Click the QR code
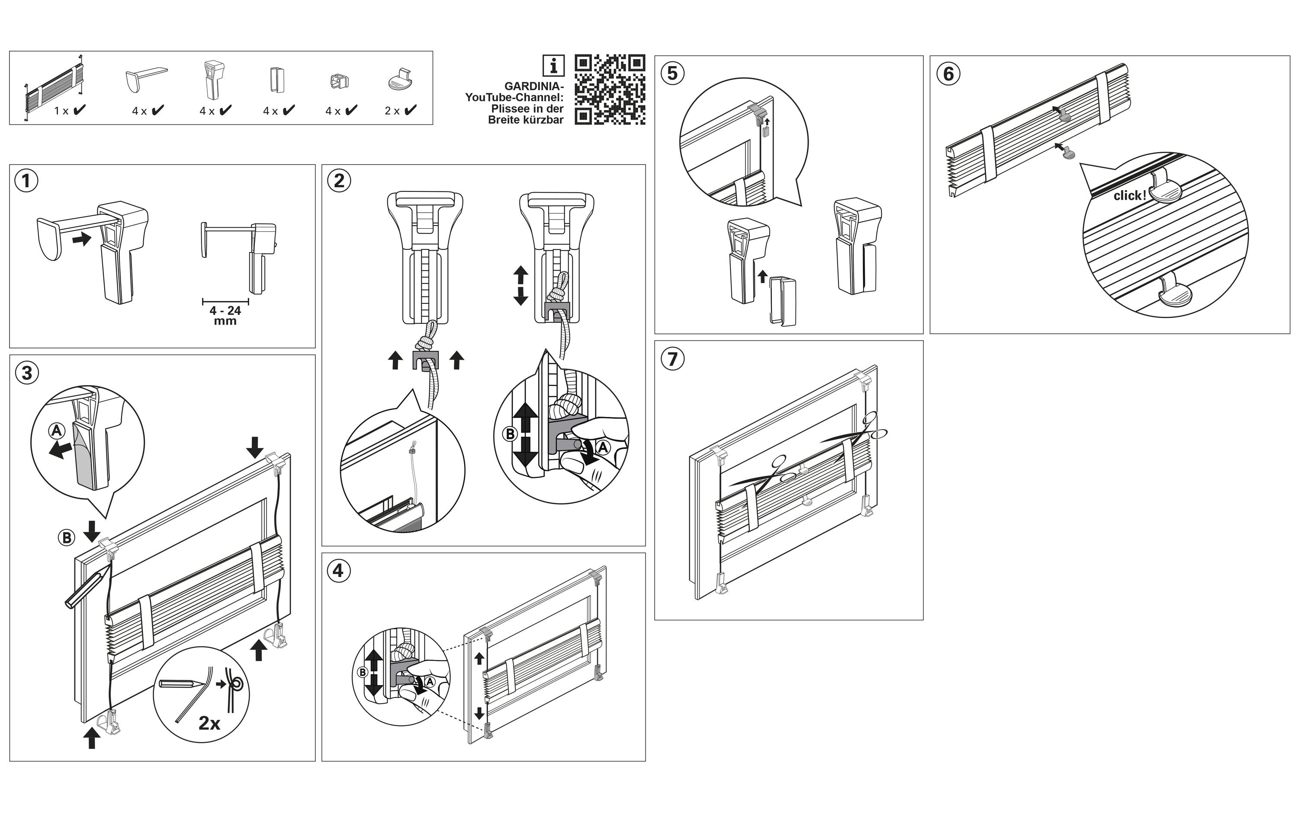click(x=610, y=89)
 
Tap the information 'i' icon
click(x=553, y=66)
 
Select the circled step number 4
click(x=338, y=570)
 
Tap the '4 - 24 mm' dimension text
click(x=225, y=316)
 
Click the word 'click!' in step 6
click(x=1130, y=195)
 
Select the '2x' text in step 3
click(x=209, y=723)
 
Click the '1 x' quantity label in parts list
click(x=61, y=111)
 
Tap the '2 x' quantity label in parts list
click(x=392, y=111)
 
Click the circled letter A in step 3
click(x=57, y=430)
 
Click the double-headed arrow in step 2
click(x=520, y=285)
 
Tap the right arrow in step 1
click(x=82, y=239)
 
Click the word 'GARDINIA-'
click(x=533, y=86)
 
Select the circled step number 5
click(x=672, y=73)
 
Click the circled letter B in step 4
click(x=363, y=672)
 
